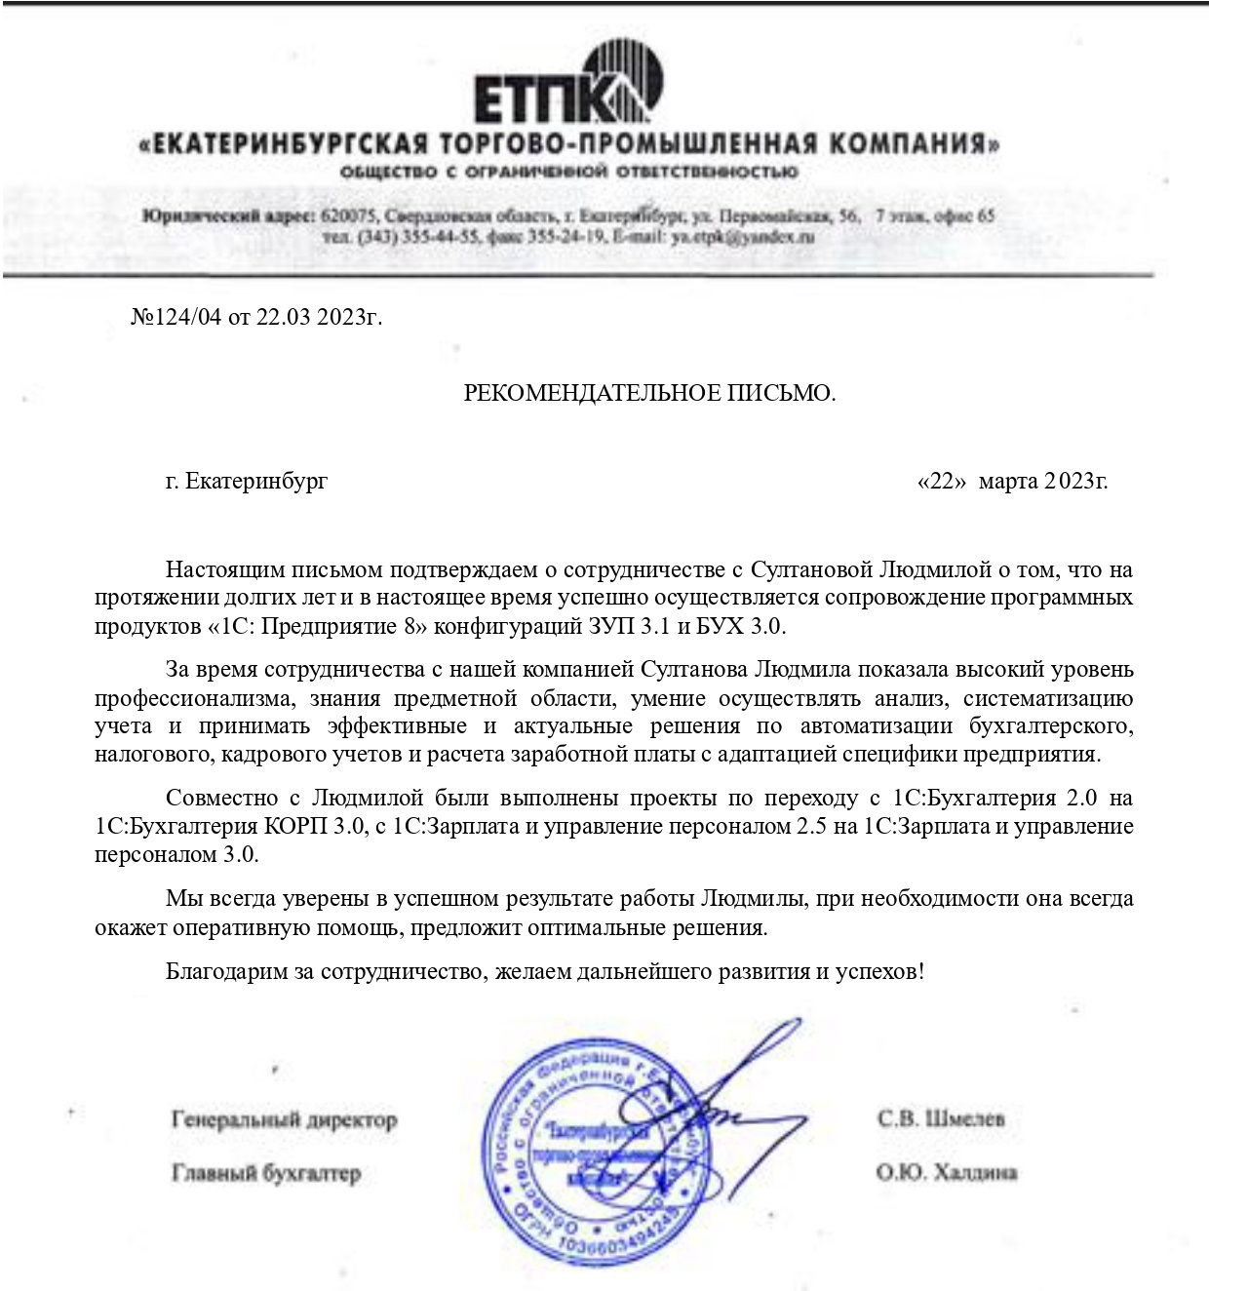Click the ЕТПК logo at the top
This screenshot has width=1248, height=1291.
coord(568,85)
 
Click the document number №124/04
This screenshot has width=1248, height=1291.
coord(176,318)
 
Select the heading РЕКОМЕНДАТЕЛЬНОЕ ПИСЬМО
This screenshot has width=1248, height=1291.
coord(649,393)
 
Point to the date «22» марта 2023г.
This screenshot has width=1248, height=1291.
coord(1012,481)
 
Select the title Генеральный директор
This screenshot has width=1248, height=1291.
coord(284,1119)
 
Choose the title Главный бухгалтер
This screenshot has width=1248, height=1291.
coord(266,1173)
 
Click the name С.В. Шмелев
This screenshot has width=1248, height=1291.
coord(940,1118)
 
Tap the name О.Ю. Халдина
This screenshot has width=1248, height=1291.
coord(946,1172)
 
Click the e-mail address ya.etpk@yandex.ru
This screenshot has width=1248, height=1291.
coord(743,237)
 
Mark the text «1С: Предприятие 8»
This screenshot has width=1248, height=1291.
coord(317,625)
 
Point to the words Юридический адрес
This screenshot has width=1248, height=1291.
coord(227,215)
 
